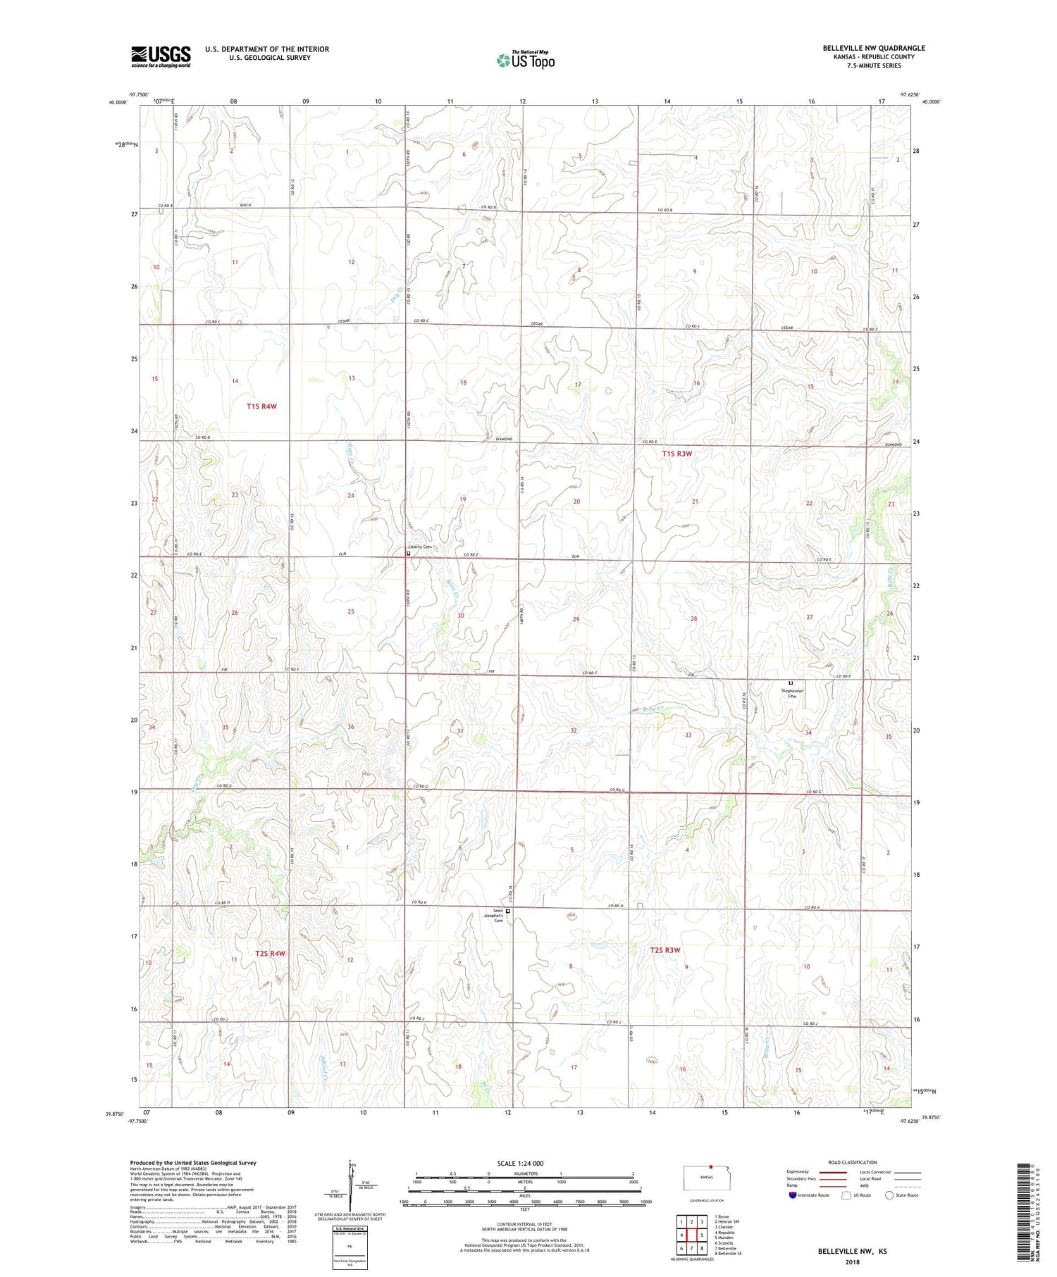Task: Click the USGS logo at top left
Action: click(161, 56)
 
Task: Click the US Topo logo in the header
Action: click(525, 60)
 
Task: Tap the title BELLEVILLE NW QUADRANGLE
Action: click(874, 48)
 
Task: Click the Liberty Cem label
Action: click(420, 547)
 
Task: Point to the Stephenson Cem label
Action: click(792, 693)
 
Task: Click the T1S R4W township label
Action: click(261, 406)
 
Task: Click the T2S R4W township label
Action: click(270, 953)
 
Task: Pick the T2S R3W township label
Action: click(665, 950)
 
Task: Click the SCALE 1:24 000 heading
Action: click(520, 1163)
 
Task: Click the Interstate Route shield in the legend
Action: click(793, 1195)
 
